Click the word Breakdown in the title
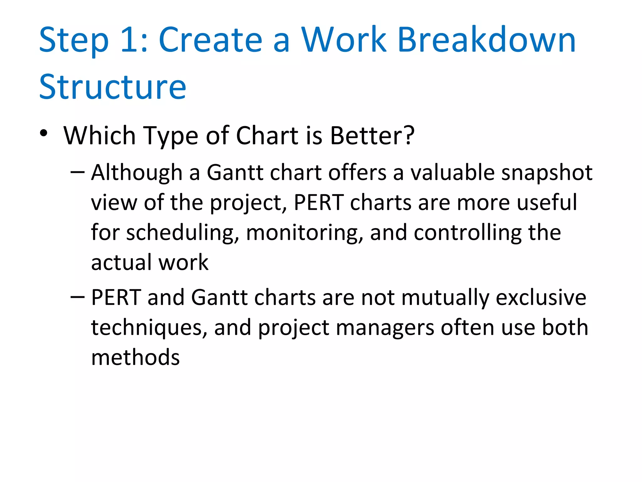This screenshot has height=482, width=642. [x=487, y=40]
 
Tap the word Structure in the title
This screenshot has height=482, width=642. [x=113, y=87]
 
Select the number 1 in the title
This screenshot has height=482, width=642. [x=129, y=40]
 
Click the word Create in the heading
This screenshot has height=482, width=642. [x=210, y=40]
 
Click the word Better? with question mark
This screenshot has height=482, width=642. [x=372, y=136]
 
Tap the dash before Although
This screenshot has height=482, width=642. [x=77, y=172]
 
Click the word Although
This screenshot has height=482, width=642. [x=137, y=173]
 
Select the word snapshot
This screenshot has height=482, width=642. [x=547, y=173]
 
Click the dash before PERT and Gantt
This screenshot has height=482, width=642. [x=77, y=297]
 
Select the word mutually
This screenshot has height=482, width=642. [x=445, y=298]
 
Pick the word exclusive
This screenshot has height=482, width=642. [x=541, y=297]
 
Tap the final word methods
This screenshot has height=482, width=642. [x=135, y=357]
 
